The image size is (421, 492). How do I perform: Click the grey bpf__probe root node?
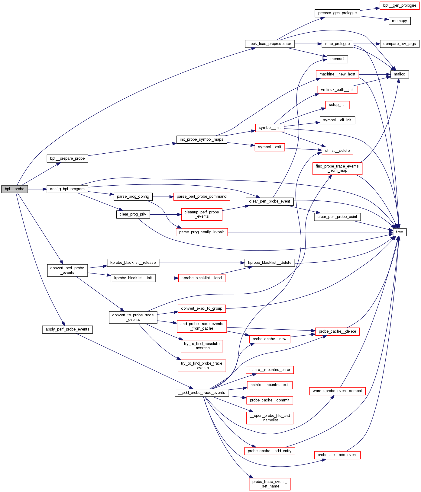coord(15,189)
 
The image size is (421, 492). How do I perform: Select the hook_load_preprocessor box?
coord(270,44)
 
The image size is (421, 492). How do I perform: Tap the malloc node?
coord(399,74)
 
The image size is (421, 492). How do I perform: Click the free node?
coord(399,232)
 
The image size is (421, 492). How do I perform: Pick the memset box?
coord(337,59)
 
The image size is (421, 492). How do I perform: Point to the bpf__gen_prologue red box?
coord(400,5)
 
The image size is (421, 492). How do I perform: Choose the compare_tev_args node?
coord(399,44)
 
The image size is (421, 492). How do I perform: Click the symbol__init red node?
coord(270,128)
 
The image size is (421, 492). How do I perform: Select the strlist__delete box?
coord(337,151)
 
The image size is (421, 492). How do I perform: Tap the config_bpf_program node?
coord(67,189)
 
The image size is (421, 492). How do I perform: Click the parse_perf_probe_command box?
coord(202,196)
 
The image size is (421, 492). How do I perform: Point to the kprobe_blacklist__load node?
coord(202,278)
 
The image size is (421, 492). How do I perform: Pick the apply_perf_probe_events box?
coord(67,329)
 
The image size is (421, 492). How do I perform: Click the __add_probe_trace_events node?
coord(202,393)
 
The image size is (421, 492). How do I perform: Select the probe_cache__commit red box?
coord(270,400)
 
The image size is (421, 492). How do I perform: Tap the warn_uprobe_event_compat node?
coord(337,391)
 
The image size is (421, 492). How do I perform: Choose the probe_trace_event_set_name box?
coord(270,484)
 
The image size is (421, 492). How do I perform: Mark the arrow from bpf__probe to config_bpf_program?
coord(37,189)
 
